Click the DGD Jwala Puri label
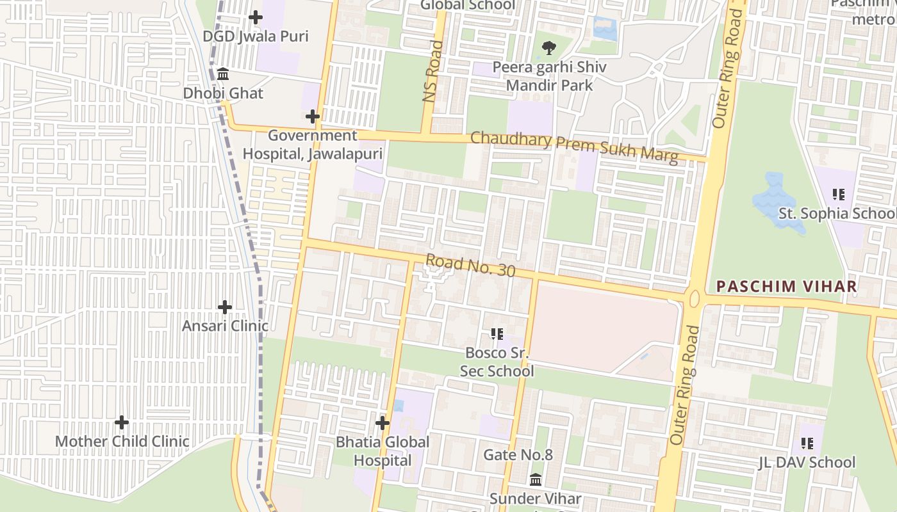click(x=256, y=36)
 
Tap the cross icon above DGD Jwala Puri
click(x=256, y=17)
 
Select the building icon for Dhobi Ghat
click(x=223, y=74)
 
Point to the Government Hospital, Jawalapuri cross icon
click(x=313, y=116)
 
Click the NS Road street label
click(x=433, y=71)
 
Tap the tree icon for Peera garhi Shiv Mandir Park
click(x=548, y=47)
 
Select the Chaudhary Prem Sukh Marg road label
click(x=574, y=147)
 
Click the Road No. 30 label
click(x=470, y=266)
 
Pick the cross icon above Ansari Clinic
click(x=225, y=307)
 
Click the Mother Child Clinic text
click(x=122, y=441)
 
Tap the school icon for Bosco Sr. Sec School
click(x=497, y=333)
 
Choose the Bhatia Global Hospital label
click(x=383, y=451)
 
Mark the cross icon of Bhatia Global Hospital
click(x=383, y=423)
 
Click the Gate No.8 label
click(x=518, y=455)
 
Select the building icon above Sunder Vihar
click(x=536, y=479)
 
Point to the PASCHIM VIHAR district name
click(x=786, y=286)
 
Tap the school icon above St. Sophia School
click(x=838, y=194)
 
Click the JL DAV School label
click(x=807, y=462)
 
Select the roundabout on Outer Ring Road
click(x=693, y=298)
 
